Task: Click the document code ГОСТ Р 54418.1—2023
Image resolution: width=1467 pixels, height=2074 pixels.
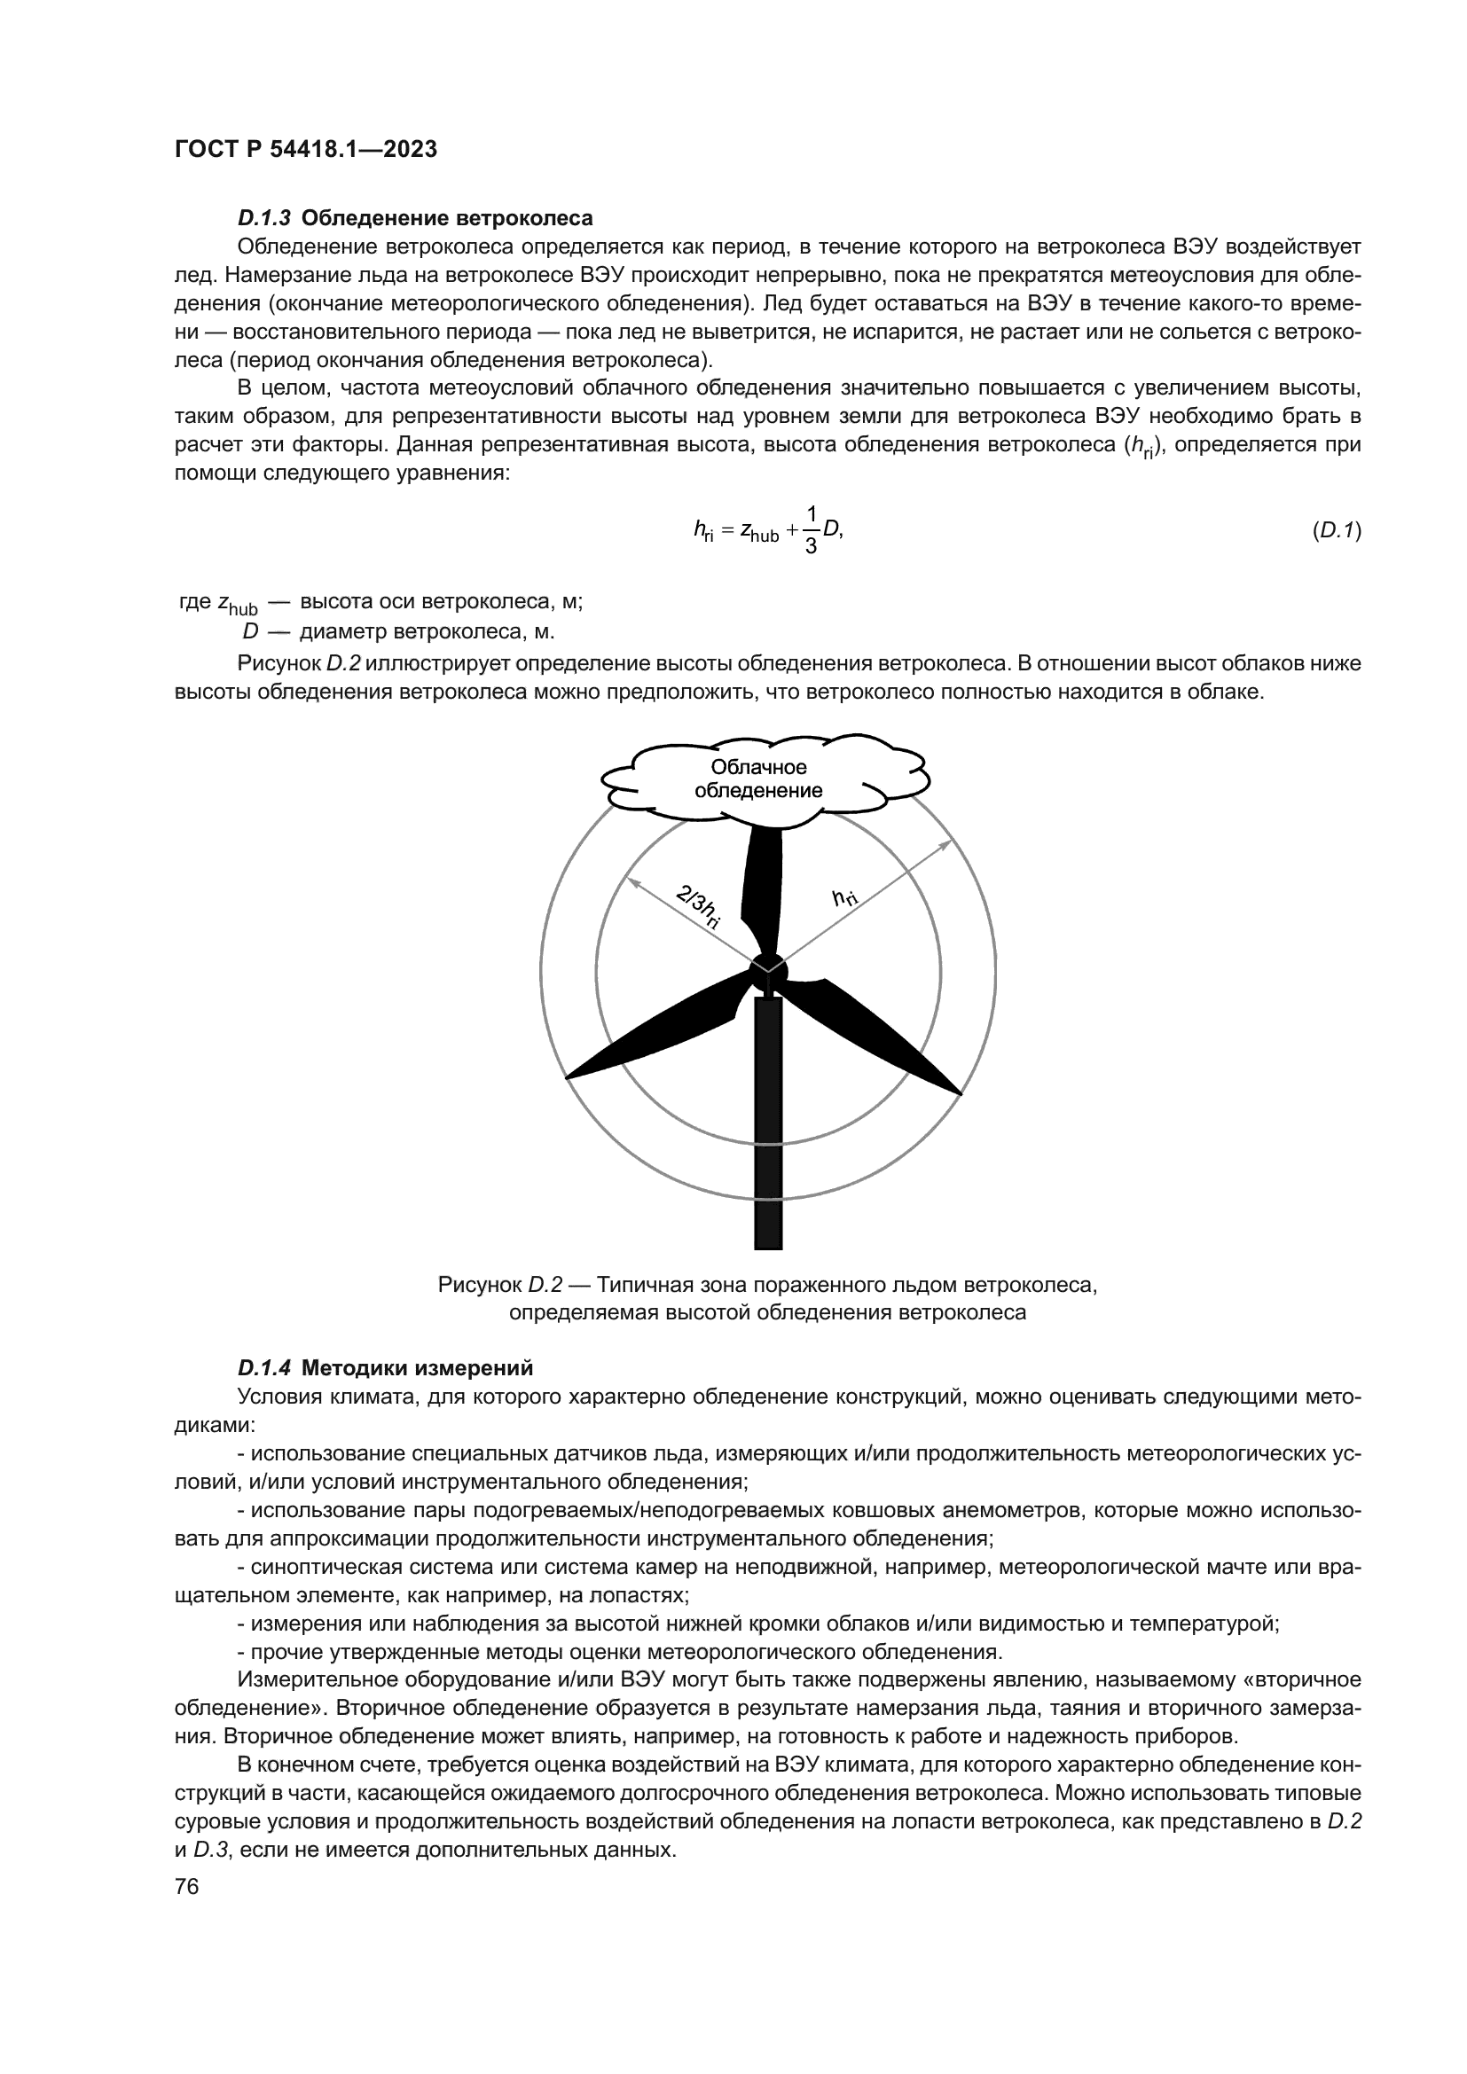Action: pos(305,150)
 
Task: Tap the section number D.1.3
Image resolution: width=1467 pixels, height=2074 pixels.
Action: pos(263,219)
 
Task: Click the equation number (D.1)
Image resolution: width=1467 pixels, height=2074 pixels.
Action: pos(1336,531)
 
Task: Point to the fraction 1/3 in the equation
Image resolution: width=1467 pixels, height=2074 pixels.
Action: pos(811,531)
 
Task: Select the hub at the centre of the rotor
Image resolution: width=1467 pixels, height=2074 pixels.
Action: pos(768,972)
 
